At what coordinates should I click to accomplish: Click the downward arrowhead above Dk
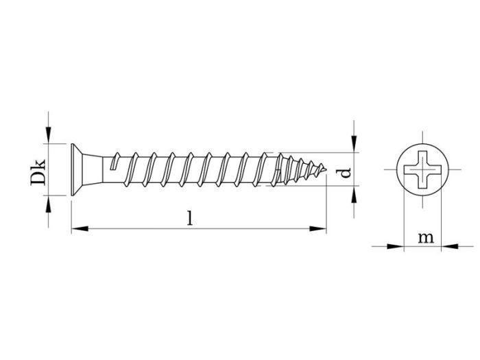pos(49,137)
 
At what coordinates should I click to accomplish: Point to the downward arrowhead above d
pos(355,145)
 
